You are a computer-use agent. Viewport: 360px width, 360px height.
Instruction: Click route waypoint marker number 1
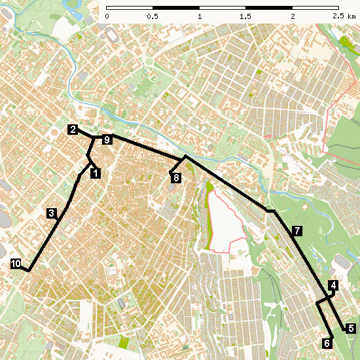96,173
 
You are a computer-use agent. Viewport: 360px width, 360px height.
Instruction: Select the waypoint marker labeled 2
73,130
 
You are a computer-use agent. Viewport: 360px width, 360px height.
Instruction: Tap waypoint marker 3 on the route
52,213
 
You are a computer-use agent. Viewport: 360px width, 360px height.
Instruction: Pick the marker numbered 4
334,285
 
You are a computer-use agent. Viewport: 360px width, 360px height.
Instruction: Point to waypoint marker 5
351,329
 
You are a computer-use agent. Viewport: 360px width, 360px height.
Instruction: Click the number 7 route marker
297,231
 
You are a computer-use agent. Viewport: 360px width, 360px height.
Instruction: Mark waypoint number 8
175,177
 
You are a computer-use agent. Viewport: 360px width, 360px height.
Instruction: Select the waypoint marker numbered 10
16,264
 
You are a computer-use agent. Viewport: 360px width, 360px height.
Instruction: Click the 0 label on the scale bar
107,16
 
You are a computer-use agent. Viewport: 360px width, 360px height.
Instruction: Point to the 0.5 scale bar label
153,16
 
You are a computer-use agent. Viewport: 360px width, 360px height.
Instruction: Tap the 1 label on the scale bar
199,16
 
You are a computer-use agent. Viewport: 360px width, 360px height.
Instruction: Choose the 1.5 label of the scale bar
245,16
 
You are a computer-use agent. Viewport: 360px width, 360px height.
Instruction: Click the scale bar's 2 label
292,16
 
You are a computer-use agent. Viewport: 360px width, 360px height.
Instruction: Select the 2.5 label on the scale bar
337,16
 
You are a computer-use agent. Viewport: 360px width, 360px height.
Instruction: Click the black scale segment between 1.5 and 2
269,7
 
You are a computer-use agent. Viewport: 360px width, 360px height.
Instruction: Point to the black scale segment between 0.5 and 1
176,7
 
